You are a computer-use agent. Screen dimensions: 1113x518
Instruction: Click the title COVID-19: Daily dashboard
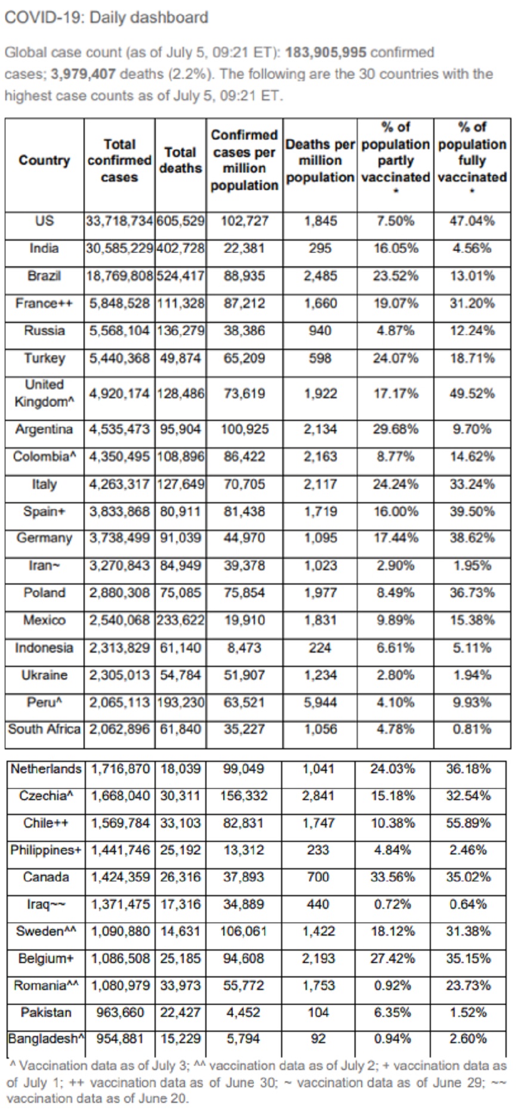click(x=106, y=17)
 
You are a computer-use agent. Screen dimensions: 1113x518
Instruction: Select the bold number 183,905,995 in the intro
click(x=325, y=53)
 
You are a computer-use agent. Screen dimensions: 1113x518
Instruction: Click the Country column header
click(x=44, y=161)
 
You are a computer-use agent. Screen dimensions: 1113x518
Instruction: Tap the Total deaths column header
click(x=180, y=161)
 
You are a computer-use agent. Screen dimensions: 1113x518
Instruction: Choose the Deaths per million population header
click(x=320, y=161)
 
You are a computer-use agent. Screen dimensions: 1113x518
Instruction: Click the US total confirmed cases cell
click(x=119, y=221)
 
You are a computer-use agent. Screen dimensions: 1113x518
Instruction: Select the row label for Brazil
click(x=44, y=276)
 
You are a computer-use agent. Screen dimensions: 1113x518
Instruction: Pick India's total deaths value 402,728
click(x=180, y=248)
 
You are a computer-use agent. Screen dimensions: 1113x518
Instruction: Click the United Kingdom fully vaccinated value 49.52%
click(x=471, y=393)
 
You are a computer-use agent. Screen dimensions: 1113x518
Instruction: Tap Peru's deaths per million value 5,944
click(x=320, y=702)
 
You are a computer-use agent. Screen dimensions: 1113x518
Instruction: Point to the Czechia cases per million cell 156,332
click(x=244, y=796)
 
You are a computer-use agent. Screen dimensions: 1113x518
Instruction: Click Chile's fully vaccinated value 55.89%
click(x=468, y=823)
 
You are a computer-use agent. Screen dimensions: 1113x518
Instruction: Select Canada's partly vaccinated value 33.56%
click(x=392, y=877)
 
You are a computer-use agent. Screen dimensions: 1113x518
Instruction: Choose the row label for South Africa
click(x=44, y=729)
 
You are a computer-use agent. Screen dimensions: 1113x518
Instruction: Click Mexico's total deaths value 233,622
click(x=180, y=620)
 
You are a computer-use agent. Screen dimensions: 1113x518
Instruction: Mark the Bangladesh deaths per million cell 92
click(x=318, y=1039)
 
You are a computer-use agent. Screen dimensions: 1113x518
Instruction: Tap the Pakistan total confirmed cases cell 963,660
click(x=120, y=1013)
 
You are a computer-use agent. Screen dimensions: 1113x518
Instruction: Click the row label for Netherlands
click(x=46, y=768)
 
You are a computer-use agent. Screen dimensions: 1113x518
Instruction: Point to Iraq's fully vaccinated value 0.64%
click(x=468, y=905)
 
